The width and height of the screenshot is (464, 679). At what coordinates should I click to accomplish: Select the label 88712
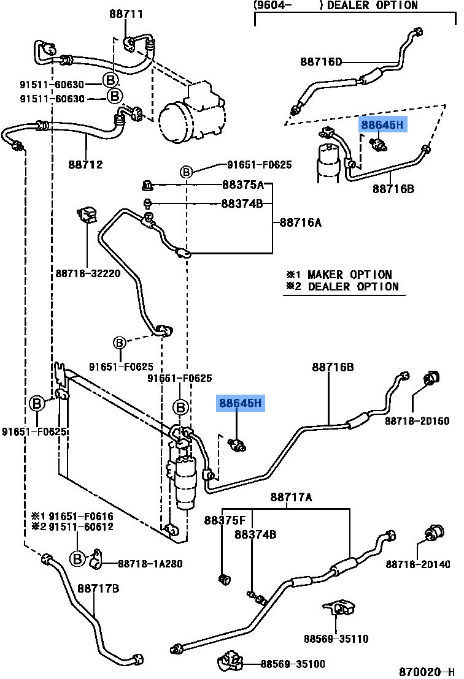[x=85, y=164]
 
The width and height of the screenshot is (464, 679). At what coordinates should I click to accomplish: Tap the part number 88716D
[x=321, y=61]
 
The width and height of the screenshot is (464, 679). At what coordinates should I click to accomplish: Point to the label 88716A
[x=301, y=222]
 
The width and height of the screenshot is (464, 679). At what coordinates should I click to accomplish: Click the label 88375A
[x=242, y=185]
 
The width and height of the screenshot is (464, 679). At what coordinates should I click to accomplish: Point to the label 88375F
[x=225, y=520]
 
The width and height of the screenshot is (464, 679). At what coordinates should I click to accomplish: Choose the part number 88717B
[x=98, y=589]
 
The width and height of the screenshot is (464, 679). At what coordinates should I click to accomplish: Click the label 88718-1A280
[x=150, y=564]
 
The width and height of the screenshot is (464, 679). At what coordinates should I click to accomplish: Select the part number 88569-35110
[x=336, y=639]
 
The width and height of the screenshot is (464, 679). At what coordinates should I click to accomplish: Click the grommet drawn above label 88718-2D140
[x=435, y=534]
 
